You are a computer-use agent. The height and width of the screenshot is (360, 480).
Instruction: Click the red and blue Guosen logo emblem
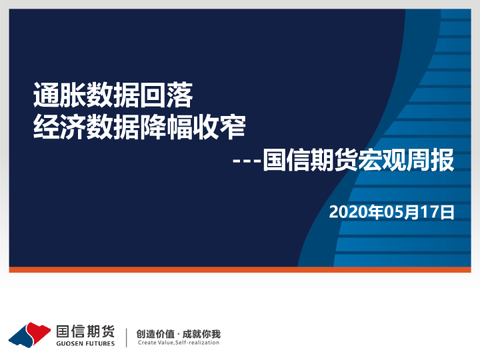click(29, 333)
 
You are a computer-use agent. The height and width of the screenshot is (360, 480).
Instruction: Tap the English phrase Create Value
click(155, 343)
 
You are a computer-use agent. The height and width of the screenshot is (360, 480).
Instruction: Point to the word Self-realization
click(197, 343)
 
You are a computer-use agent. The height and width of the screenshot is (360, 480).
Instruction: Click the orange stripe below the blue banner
click(240, 270)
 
